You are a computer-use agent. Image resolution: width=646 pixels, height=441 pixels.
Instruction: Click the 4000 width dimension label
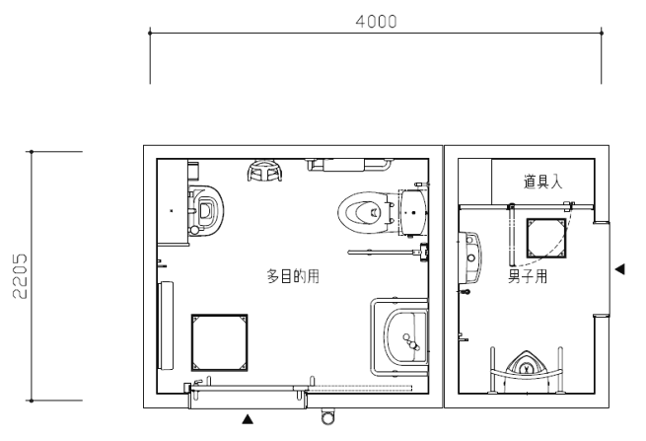click(x=376, y=22)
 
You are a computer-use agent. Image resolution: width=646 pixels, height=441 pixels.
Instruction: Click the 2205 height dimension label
click(x=20, y=275)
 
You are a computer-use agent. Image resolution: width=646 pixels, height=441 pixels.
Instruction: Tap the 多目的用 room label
click(x=293, y=276)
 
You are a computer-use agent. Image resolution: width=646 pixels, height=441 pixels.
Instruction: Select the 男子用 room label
click(x=528, y=276)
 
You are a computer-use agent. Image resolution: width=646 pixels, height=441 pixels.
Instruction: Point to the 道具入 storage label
click(x=543, y=182)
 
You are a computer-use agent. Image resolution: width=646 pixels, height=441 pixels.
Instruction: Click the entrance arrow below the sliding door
click(x=248, y=419)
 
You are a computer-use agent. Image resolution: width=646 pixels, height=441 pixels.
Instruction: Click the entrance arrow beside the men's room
click(x=619, y=269)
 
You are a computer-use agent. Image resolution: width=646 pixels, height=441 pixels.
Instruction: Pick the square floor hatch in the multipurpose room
click(x=219, y=342)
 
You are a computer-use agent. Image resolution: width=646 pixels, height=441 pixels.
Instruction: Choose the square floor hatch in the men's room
click(x=546, y=238)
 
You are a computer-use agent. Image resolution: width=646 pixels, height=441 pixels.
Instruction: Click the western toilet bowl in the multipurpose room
click(x=363, y=212)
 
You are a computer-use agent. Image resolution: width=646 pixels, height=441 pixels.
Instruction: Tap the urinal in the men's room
click(x=526, y=368)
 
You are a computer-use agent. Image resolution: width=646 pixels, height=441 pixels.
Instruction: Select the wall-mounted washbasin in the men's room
click(x=470, y=257)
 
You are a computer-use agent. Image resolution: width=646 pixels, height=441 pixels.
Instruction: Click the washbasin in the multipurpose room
click(x=405, y=337)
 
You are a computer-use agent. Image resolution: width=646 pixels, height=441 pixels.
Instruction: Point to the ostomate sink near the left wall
click(x=205, y=210)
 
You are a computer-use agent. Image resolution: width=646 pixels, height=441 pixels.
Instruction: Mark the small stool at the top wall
click(x=265, y=171)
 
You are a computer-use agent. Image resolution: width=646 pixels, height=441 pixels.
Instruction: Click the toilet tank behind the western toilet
click(x=413, y=212)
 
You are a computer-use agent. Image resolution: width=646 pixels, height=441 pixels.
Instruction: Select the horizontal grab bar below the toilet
click(x=383, y=252)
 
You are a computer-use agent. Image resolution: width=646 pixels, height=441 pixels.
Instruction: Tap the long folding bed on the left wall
click(x=166, y=326)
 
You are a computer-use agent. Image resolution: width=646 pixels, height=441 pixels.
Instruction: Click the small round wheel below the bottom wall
click(x=327, y=417)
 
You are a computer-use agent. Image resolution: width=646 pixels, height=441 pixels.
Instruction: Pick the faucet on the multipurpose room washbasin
click(x=411, y=341)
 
